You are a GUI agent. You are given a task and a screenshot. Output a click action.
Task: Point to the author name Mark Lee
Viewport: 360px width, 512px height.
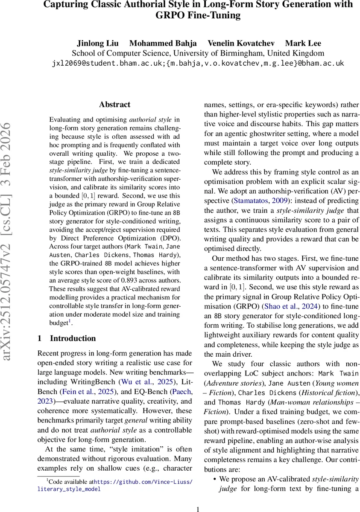point(303,43)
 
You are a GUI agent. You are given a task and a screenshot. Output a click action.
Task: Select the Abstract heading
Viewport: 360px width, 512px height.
point(114,105)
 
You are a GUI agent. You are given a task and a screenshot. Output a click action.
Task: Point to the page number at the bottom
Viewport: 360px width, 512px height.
point(197,509)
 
